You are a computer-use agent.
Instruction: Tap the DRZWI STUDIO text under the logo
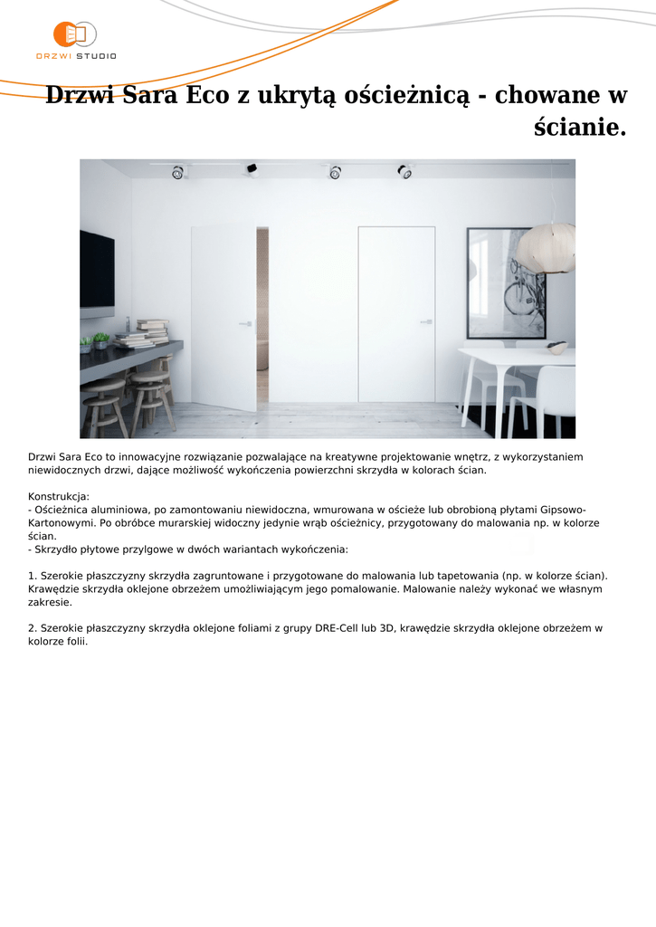[76, 56]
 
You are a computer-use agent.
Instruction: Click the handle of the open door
[244, 322]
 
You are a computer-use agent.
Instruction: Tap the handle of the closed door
[424, 321]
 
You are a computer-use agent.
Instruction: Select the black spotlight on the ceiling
[251, 168]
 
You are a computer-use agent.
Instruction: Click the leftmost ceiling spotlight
[177, 172]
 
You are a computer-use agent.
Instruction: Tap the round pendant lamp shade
[546, 247]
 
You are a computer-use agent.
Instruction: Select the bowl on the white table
[557, 348]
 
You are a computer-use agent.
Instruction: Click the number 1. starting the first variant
[33, 575]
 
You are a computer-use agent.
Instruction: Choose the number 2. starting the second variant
[33, 627]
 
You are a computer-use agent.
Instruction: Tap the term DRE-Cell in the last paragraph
[337, 627]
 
